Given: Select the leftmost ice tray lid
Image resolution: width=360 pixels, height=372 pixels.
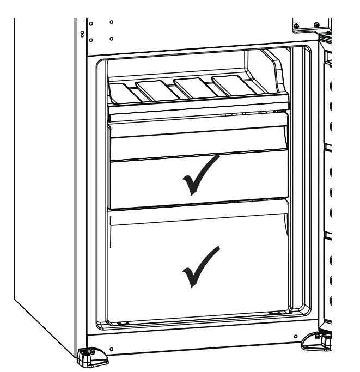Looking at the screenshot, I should [123, 91].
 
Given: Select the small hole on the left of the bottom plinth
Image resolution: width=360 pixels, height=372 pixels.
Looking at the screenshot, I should [111, 349].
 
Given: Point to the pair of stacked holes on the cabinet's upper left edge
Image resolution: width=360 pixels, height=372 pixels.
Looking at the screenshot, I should [82, 34].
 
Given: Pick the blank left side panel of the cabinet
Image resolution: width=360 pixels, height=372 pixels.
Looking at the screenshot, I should [44, 180].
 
